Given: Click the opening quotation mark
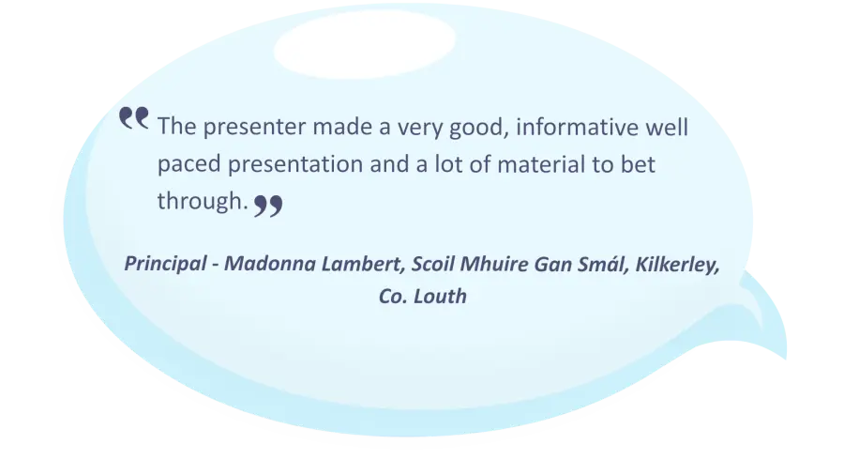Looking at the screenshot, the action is pyautogui.click(x=133, y=118).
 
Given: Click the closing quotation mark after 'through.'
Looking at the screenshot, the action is pyautogui.click(x=268, y=206).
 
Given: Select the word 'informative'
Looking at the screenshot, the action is pyautogui.click(x=577, y=127).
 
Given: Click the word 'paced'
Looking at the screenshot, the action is pyautogui.click(x=188, y=165).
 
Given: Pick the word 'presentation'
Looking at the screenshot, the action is pyautogui.click(x=295, y=165).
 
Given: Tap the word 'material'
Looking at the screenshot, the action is pyautogui.click(x=541, y=164).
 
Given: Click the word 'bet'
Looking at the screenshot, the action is pyautogui.click(x=638, y=163).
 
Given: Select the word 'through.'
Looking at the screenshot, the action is pyautogui.click(x=203, y=201).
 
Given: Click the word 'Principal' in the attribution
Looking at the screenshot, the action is pyautogui.click(x=165, y=264).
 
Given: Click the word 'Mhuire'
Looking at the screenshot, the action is pyautogui.click(x=494, y=264).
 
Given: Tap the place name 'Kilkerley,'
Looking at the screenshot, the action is pyautogui.click(x=677, y=265).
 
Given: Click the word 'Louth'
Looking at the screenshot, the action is pyautogui.click(x=440, y=297).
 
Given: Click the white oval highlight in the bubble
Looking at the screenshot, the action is pyautogui.click(x=365, y=44).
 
